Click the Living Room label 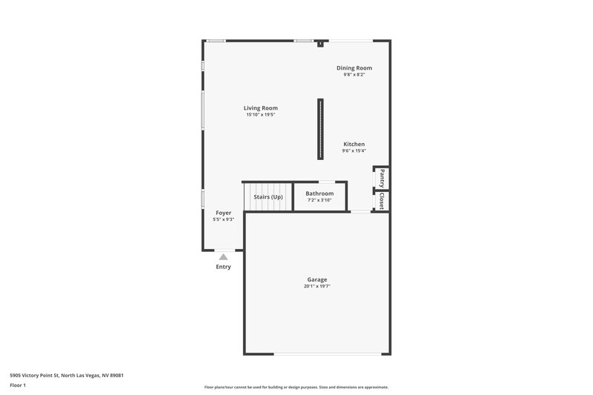[261, 108]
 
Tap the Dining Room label [354, 68]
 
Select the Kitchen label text [354, 145]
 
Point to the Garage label [317, 279]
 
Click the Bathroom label [319, 193]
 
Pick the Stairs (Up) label [268, 197]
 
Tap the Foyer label [223, 213]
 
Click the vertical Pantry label [382, 178]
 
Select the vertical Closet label [382, 201]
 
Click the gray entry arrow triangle [223, 256]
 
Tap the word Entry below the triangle [223, 267]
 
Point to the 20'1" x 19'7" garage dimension [317, 286]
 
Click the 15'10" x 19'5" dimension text [261, 115]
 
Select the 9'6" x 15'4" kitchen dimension [354, 151]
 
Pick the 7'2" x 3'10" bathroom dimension [319, 200]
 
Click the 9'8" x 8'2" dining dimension [354, 75]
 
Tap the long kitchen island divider [320, 129]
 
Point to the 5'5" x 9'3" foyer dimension [223, 219]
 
